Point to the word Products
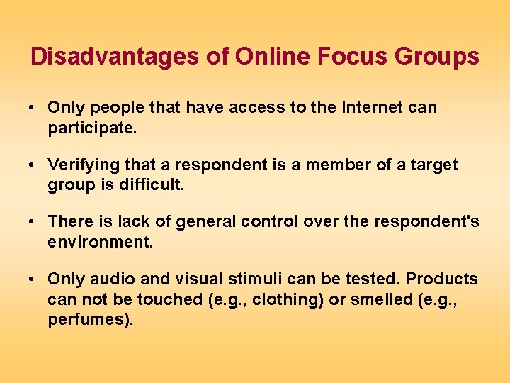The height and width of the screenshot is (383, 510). click(441, 279)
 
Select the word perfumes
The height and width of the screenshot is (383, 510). click(89, 320)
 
